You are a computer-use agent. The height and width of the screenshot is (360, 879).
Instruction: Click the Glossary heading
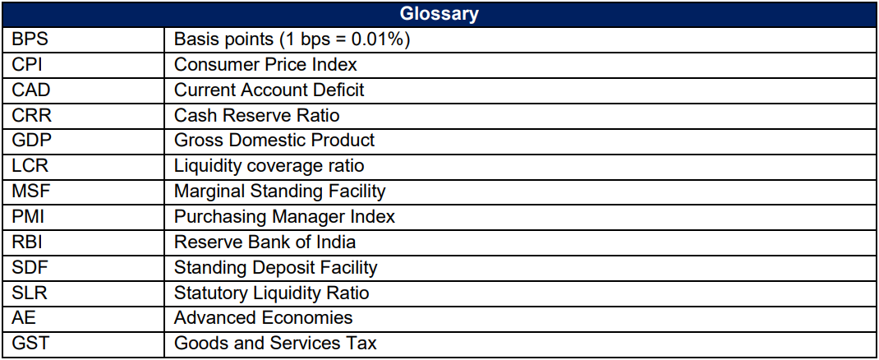(439, 14)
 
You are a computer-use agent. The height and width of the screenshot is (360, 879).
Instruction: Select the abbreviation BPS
(30, 39)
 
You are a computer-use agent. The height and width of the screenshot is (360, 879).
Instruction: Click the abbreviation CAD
(30, 90)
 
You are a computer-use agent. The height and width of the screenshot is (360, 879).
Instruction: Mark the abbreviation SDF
(30, 267)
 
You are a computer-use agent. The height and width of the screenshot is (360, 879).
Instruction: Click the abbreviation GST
(30, 344)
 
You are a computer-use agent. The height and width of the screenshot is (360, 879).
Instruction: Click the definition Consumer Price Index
(265, 64)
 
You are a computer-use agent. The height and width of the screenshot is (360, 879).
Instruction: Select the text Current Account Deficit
(269, 90)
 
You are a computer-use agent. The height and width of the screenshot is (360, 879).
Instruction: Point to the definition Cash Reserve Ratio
(256, 115)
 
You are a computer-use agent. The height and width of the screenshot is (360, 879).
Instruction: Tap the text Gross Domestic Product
(274, 141)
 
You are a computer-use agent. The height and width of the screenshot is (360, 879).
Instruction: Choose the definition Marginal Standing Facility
(279, 192)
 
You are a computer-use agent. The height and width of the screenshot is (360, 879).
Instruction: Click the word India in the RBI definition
(337, 242)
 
